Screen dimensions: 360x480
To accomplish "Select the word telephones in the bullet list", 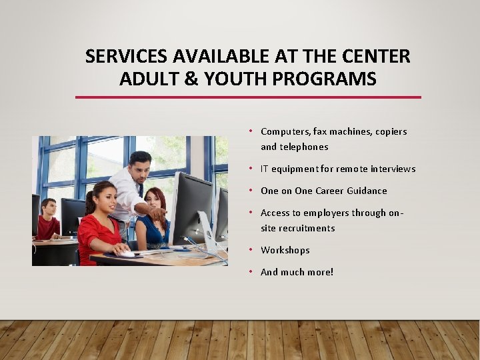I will [x=304, y=147].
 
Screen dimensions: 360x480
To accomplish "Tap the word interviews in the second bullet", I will [x=393, y=169].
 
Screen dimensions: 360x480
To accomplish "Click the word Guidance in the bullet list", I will [x=365, y=191].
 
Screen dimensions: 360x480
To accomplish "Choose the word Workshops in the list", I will [x=285, y=250].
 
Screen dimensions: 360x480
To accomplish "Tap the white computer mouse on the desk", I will [x=125, y=253].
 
